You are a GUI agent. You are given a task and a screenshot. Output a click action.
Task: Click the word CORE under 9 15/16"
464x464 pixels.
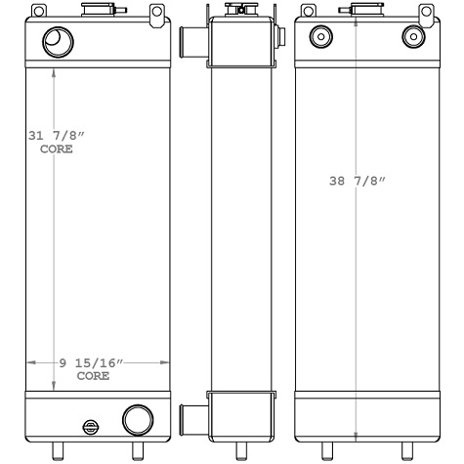click(93, 375)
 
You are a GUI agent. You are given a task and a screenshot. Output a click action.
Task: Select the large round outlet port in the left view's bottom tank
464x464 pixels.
click(137, 420)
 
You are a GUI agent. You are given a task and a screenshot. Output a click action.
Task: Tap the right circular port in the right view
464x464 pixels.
click(411, 37)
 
